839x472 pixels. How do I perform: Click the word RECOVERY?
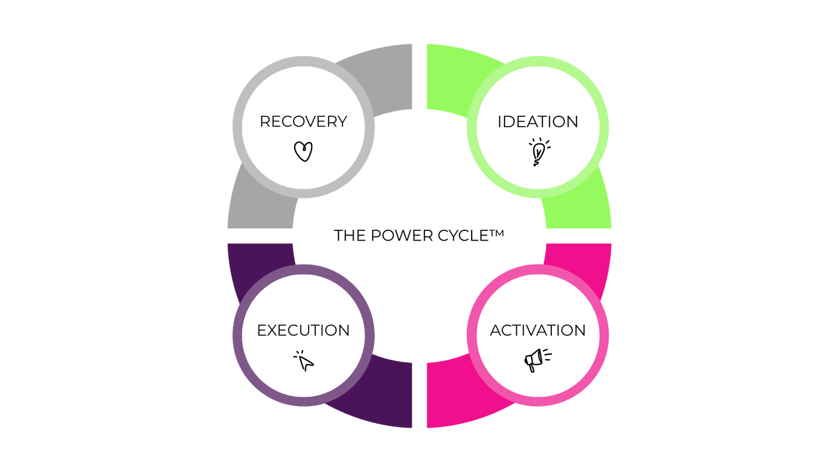(x=303, y=122)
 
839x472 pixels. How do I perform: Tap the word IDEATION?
(x=538, y=122)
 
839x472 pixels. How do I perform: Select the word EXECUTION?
(x=303, y=330)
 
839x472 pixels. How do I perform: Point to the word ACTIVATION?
(x=538, y=330)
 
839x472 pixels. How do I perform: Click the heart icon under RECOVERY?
(x=303, y=151)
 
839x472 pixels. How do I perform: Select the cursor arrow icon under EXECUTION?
(x=304, y=361)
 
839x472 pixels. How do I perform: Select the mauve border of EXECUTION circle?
(x=237, y=335)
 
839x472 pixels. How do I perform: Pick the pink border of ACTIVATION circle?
(x=605, y=335)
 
